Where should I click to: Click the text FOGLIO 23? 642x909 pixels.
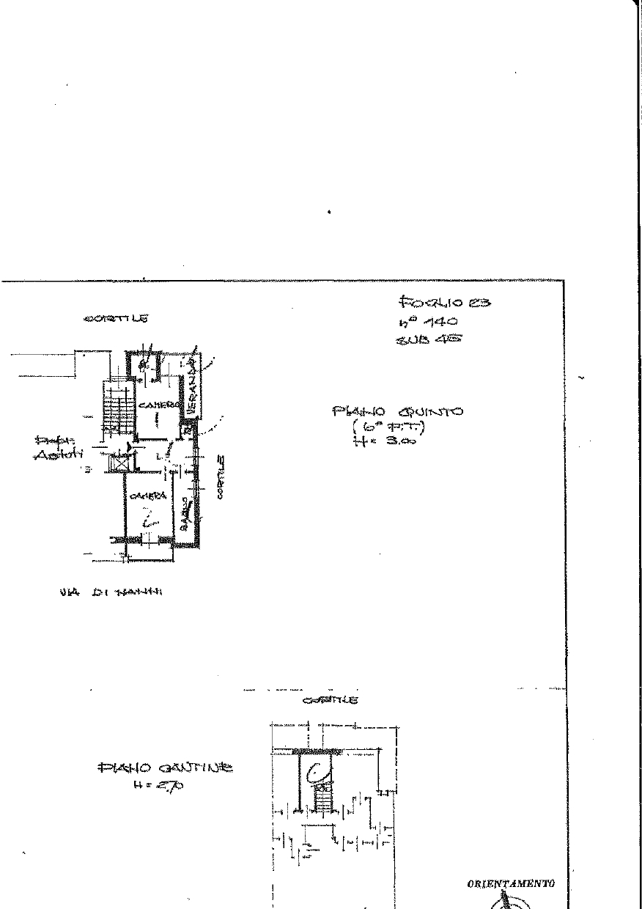(444, 301)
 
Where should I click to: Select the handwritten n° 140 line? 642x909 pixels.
(428, 321)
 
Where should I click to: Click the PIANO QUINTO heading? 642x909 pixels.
(397, 412)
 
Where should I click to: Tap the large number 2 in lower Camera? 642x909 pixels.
(150, 521)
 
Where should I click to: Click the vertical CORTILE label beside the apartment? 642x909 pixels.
(220, 476)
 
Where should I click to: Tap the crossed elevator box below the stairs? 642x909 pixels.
(118, 462)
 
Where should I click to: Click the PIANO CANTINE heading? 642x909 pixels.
(165, 768)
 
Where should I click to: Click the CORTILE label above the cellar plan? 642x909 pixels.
(331, 701)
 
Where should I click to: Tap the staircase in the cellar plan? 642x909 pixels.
(322, 797)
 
